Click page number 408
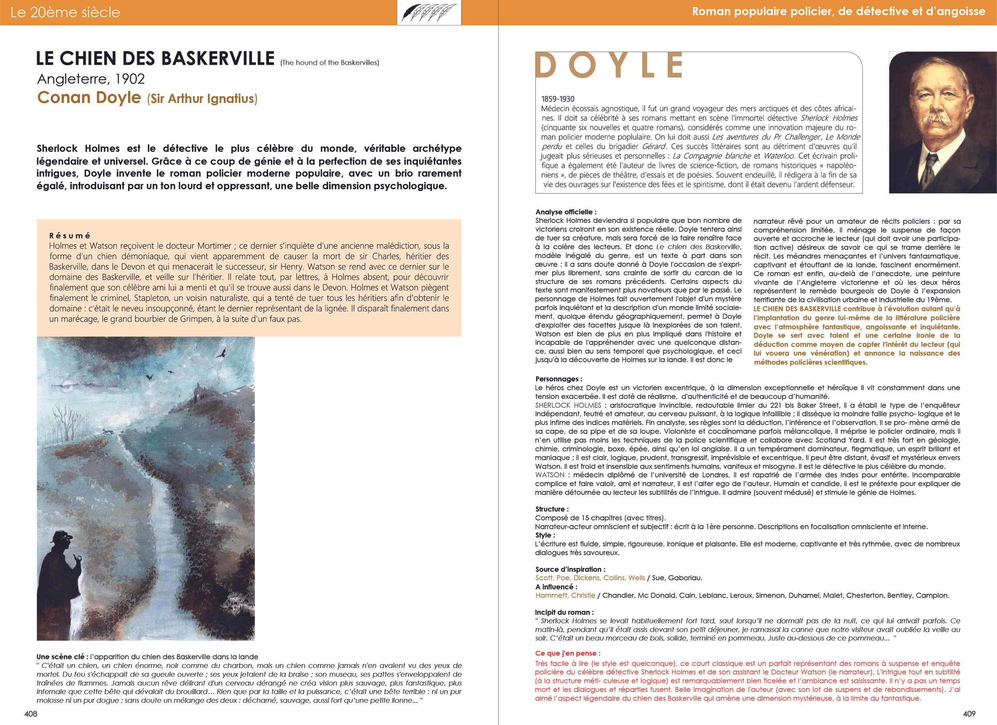(31, 714)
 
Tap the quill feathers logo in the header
(429, 12)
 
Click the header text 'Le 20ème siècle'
(65, 12)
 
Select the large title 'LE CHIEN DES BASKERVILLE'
(155, 59)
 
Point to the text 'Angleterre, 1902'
(91, 79)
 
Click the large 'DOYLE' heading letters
(609, 66)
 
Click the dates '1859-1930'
(558, 99)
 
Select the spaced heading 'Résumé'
(69, 236)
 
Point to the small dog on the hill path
(108, 432)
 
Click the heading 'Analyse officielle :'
(566, 212)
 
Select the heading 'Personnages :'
(559, 379)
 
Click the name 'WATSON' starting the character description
(550, 475)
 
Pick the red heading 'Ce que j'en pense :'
(567, 653)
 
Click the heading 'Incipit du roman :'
(564, 613)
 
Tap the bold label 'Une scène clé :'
(60, 657)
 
